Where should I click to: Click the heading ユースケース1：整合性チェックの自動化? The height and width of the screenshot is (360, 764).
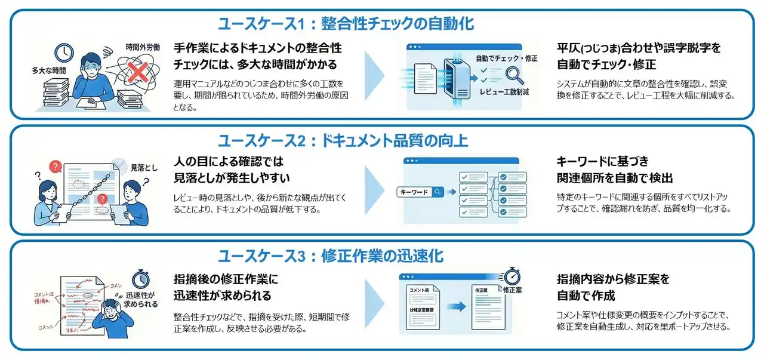pyautogui.click(x=346, y=24)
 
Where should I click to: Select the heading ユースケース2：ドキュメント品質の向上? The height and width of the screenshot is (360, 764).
pyautogui.click(x=343, y=141)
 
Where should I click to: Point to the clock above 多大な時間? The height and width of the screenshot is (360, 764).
pyautogui.click(x=64, y=53)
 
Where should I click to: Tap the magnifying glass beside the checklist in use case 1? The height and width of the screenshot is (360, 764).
pyautogui.click(x=513, y=75)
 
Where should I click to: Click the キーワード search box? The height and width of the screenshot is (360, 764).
pyautogui.click(x=421, y=192)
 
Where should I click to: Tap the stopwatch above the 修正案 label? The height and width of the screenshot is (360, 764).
pyautogui.click(x=513, y=276)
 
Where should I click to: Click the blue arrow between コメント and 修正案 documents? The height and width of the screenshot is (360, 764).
pyautogui.click(x=457, y=307)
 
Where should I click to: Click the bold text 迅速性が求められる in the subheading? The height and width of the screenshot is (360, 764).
pyautogui.click(x=222, y=296)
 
